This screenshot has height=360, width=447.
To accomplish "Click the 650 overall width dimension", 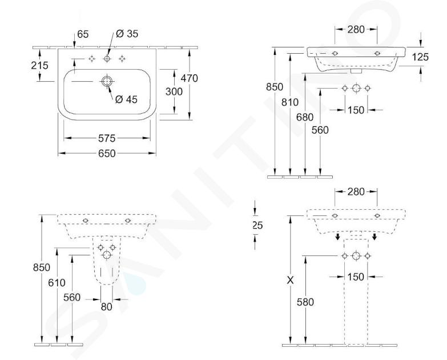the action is click(107, 154).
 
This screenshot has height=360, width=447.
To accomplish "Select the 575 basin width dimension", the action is click(107, 138).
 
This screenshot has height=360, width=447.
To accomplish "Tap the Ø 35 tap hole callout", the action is click(127, 34).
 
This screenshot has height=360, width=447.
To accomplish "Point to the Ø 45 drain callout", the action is click(126, 99).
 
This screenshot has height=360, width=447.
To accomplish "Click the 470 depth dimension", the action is click(190, 78).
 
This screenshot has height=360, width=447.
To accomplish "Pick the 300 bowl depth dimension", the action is click(174, 91).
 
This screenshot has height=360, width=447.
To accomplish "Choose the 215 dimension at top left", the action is click(39, 66).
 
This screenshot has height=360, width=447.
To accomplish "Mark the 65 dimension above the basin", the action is click(83, 34).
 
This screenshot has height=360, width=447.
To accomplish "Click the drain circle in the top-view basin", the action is click(107, 81).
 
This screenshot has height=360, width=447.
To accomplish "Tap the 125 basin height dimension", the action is click(420, 57).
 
